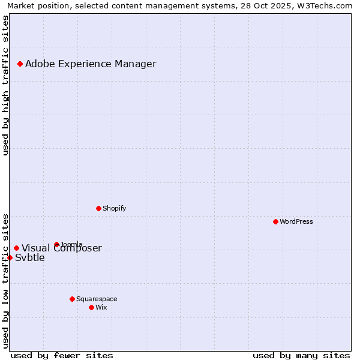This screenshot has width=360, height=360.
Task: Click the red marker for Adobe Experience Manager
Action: (x=20, y=64)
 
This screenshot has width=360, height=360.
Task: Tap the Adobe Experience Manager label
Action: (x=91, y=64)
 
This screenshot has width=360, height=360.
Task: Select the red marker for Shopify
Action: (x=98, y=208)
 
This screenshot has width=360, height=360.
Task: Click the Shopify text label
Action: (x=114, y=209)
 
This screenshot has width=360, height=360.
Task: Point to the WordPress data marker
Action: (x=275, y=221)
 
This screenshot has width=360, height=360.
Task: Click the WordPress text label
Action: (x=296, y=222)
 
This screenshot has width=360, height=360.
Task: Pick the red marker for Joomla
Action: (x=56, y=244)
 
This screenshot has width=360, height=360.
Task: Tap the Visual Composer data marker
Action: (x=16, y=248)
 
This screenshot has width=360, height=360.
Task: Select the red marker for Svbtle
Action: (x=10, y=257)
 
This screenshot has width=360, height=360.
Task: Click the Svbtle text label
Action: (x=30, y=258)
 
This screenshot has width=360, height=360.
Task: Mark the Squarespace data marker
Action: (x=72, y=299)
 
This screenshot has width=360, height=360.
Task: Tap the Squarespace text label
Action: (x=97, y=299)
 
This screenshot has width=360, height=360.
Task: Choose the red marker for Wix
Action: (x=91, y=307)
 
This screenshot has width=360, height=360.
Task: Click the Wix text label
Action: (x=101, y=308)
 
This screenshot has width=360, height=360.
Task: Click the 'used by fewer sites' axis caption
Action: (x=62, y=355)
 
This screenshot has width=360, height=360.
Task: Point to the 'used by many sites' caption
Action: (x=301, y=355)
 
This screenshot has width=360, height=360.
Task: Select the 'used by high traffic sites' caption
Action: (x=6, y=85)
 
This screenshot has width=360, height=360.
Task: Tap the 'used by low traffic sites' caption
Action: (x=6, y=281)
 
